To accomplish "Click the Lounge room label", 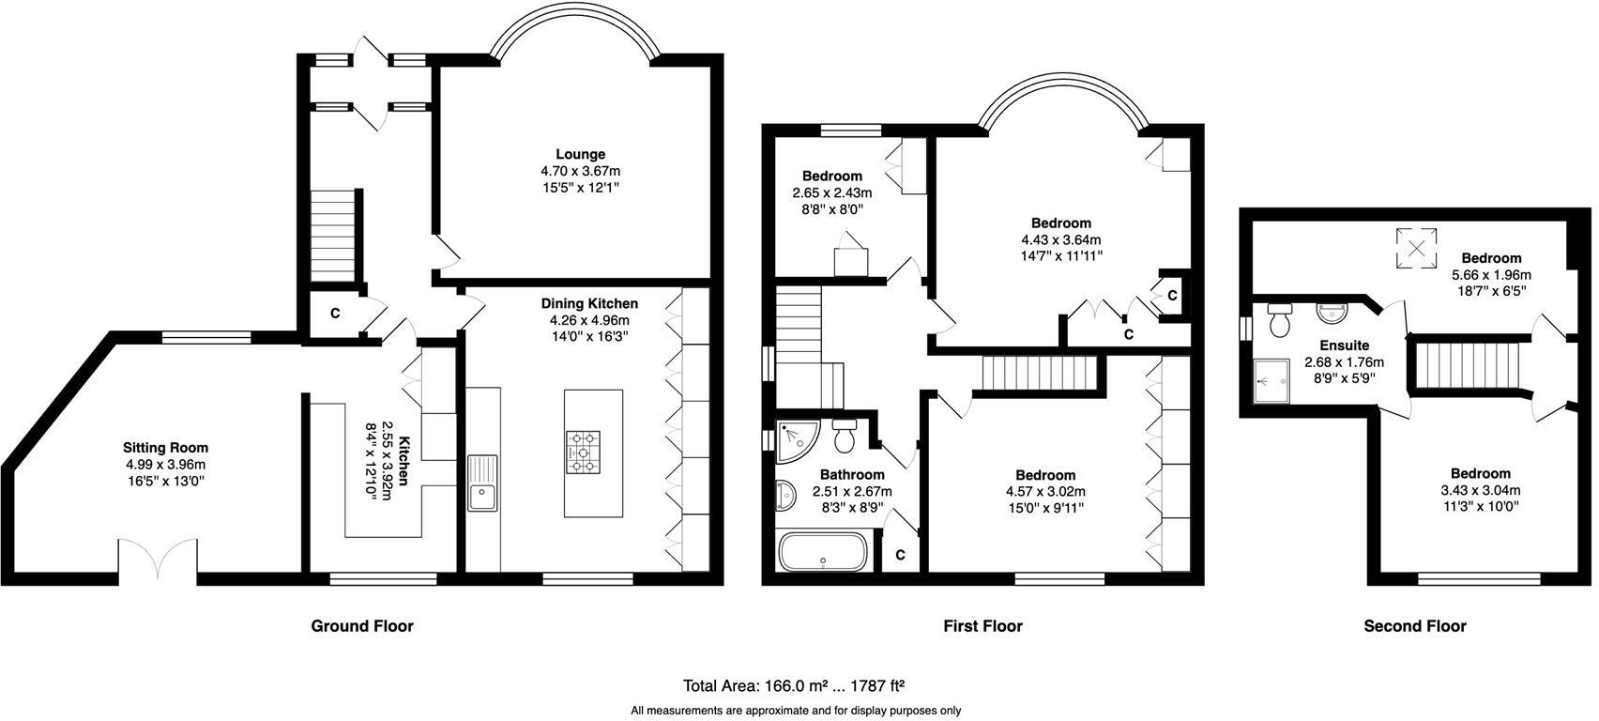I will (580, 155).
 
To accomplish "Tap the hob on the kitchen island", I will (583, 452).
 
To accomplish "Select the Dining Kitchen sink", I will (484, 484).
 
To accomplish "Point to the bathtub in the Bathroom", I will (822, 551).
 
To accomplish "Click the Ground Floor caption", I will (361, 626).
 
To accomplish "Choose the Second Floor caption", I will (1414, 626).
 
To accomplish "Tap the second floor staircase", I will (1466, 364).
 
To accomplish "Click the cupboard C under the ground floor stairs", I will (334, 314).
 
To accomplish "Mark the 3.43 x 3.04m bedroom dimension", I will (1480, 490).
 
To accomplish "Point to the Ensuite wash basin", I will (1332, 311).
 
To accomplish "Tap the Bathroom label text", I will (852, 475).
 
